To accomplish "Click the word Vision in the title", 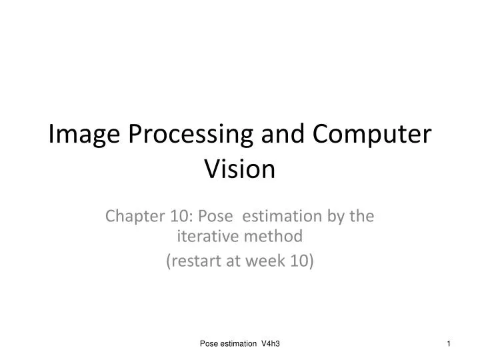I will point(239,169).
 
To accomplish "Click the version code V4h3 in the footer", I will point(271,343).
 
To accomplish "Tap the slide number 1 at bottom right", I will point(449,343).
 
